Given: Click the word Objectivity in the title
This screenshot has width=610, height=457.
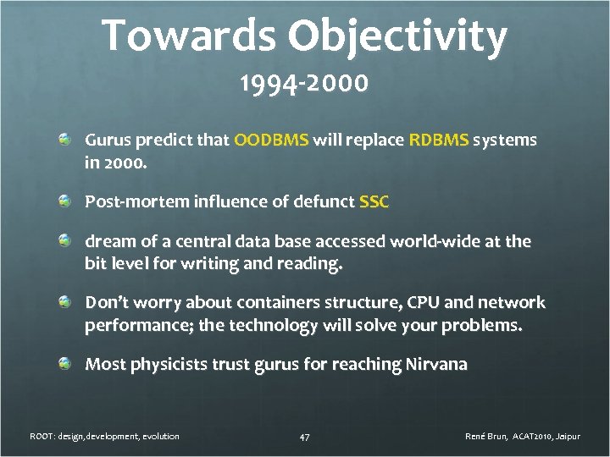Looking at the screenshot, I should (397, 36).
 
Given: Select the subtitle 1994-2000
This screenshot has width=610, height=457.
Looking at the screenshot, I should (304, 85).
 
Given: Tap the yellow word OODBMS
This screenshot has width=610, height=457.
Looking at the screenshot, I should (271, 140).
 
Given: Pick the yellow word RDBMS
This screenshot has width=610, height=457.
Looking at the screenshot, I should (438, 140).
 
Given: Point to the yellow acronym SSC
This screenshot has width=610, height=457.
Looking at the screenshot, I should (374, 202).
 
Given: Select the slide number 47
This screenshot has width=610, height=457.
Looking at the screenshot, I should (305, 437).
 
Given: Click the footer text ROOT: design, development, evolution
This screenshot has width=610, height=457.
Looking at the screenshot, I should (104, 437).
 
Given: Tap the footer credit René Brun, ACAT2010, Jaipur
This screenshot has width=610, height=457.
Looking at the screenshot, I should (523, 437).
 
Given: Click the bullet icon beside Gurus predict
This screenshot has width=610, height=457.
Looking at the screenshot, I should (65, 139).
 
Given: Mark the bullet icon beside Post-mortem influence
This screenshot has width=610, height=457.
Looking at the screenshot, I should (65, 201).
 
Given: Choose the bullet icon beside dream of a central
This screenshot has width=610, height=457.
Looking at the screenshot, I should (65, 241).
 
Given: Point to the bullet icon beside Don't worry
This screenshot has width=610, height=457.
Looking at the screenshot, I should (65, 302).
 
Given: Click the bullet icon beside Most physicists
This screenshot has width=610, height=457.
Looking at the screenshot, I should (65, 364).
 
